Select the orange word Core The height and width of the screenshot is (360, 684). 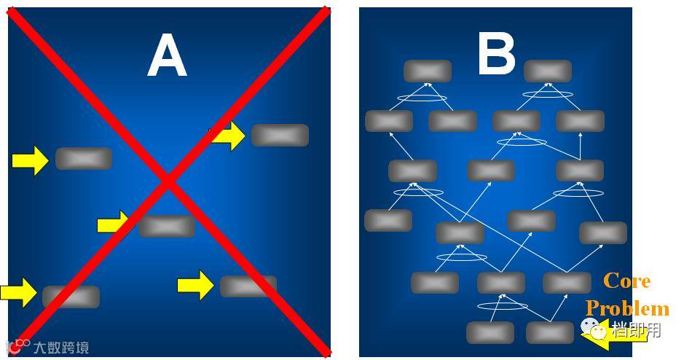627,281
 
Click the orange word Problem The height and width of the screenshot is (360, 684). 627,308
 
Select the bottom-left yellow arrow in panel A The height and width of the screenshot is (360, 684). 19,292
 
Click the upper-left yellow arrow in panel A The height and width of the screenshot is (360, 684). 30,160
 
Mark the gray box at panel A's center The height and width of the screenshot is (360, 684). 167,227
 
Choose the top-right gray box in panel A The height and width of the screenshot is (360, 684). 280,136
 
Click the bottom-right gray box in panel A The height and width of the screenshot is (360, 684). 248,286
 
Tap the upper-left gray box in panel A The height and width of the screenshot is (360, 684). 84,158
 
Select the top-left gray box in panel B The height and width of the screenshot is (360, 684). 428,71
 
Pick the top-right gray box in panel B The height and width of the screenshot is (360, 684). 548,71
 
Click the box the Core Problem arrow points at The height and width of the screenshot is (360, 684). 550,332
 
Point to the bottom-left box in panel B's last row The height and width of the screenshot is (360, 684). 490,332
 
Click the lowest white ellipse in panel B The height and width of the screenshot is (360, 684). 501,306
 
